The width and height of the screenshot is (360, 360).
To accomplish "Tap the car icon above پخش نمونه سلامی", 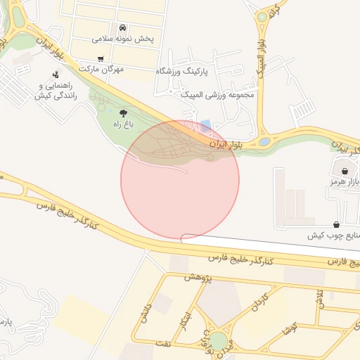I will point(123,27).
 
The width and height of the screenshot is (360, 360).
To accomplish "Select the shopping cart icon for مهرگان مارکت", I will point(101,58).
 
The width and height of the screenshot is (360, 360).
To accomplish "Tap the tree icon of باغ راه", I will point(124,112).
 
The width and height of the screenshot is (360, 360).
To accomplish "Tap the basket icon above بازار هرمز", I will point(345,171).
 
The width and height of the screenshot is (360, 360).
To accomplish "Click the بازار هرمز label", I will point(343,182).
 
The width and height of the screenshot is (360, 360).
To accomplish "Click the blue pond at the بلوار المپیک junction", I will point(264,142).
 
